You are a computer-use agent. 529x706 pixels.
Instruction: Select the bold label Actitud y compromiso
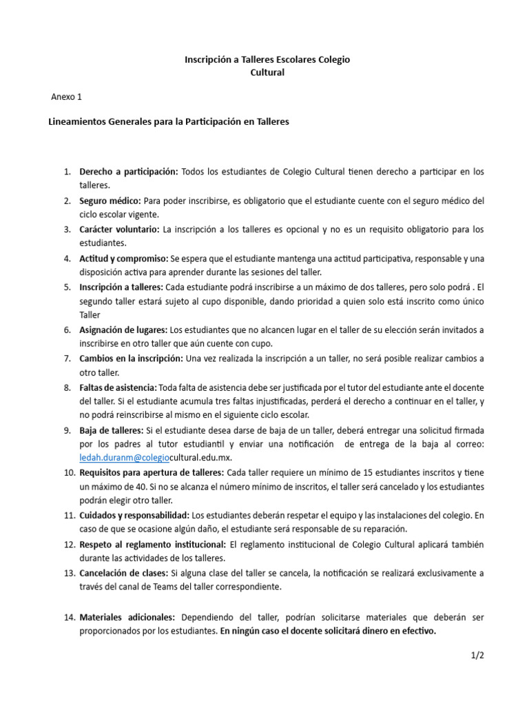[x=124, y=258]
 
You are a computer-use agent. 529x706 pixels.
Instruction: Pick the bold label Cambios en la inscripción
[x=131, y=358]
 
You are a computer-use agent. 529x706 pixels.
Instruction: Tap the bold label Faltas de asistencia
[x=118, y=387]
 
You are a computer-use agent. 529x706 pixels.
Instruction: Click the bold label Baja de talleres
[x=110, y=430]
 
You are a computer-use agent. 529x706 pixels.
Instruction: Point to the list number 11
[x=69, y=515]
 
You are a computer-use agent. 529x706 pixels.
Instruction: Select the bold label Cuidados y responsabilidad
[x=134, y=515]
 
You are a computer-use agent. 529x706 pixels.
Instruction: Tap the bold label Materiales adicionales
[x=127, y=617]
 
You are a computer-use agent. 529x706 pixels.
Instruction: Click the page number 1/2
[x=478, y=656]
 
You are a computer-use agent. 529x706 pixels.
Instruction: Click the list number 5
[x=68, y=286]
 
